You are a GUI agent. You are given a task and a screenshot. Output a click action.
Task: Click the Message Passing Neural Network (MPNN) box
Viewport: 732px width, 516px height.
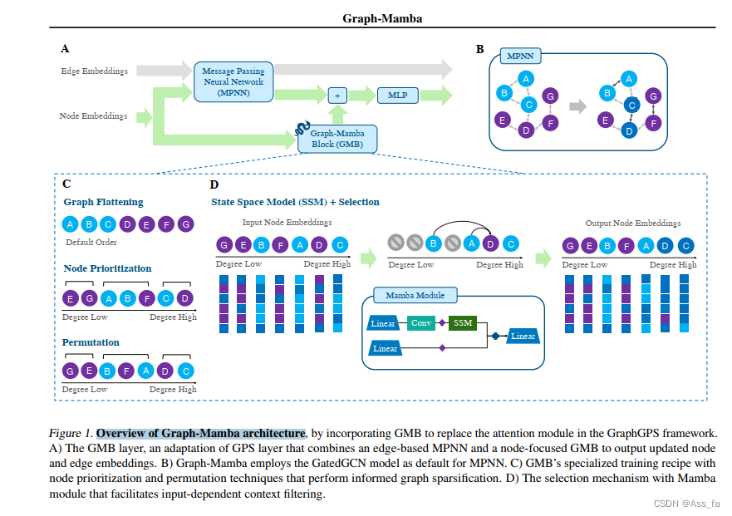point(233,82)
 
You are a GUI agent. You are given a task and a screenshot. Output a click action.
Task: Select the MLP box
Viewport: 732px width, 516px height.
point(397,96)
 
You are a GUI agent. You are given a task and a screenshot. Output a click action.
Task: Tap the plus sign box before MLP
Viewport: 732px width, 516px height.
point(337,96)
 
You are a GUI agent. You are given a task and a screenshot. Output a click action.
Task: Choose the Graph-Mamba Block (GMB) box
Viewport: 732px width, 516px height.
point(337,138)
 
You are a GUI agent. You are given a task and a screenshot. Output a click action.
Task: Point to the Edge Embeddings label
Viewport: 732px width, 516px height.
point(94,71)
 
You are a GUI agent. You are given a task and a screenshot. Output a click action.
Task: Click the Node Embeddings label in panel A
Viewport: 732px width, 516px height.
point(93,116)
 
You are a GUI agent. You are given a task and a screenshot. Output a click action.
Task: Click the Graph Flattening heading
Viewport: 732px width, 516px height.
point(103,202)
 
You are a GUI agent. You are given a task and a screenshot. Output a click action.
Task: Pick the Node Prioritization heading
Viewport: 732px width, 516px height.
point(107,268)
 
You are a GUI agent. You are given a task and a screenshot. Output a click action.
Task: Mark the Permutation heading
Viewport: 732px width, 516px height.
point(91,342)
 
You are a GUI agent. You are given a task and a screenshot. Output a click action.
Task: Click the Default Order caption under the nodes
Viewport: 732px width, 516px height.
point(91,243)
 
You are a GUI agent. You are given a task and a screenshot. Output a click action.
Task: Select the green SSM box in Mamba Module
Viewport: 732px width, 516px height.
point(462,323)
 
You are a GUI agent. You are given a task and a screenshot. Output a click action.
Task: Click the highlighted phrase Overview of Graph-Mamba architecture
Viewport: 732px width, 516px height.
point(200,433)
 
